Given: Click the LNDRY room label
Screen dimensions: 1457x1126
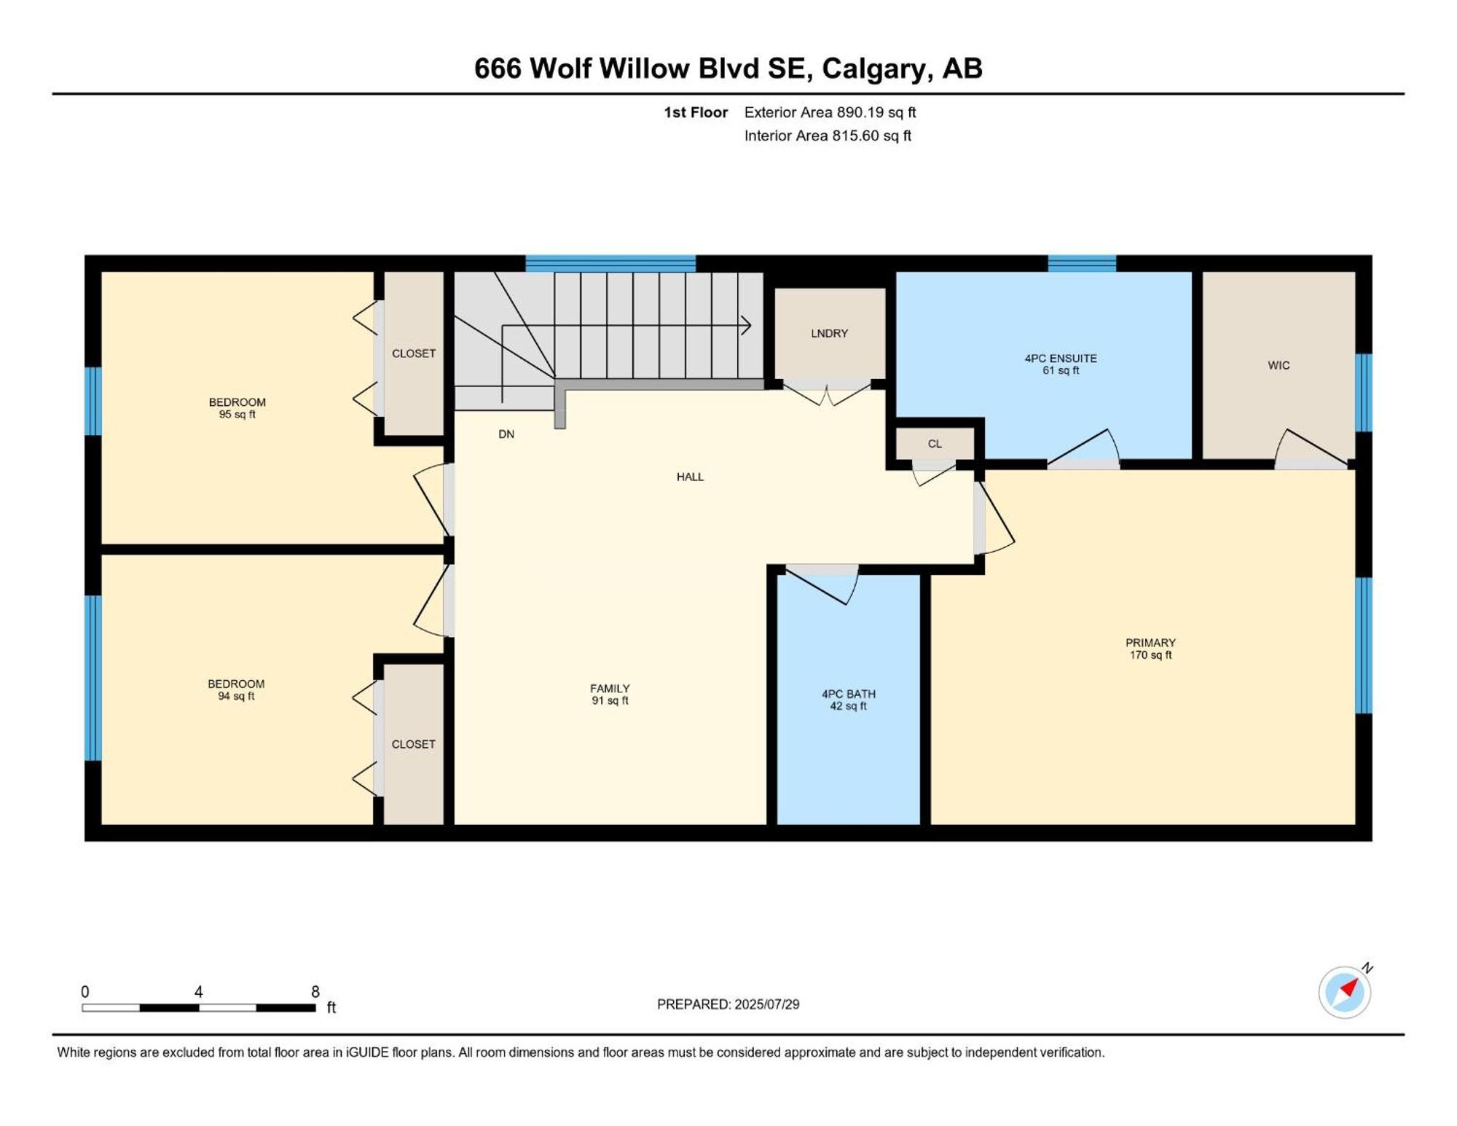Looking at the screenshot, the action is [829, 334].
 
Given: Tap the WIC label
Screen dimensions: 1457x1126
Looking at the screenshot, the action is [1279, 366].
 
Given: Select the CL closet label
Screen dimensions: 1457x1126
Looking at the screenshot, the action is [935, 444].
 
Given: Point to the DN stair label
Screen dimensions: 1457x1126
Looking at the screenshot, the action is [506, 434].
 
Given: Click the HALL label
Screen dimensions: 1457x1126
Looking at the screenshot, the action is [690, 477].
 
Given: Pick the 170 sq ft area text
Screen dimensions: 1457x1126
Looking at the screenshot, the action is [1150, 655].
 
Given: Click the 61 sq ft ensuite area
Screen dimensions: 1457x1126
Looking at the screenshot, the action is [1061, 370].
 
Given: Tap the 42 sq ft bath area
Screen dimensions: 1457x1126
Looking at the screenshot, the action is [849, 706].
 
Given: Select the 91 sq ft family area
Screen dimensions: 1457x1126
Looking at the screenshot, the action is [610, 701].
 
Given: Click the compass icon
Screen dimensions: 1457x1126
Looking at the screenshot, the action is [1345, 991].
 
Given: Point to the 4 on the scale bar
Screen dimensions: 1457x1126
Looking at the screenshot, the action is [198, 992].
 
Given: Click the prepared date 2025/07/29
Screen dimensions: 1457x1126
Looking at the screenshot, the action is [767, 1004].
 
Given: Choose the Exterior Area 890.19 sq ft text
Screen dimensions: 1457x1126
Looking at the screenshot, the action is [830, 112].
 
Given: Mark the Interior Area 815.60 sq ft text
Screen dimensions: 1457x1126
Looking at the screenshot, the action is [828, 136].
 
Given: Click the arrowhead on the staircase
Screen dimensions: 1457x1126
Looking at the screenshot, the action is [746, 325].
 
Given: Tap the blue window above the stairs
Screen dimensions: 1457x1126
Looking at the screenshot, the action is [610, 264].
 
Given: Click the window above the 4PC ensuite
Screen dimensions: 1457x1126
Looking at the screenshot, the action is [1082, 264].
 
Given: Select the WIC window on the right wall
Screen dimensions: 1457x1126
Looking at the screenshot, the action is [1364, 393].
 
